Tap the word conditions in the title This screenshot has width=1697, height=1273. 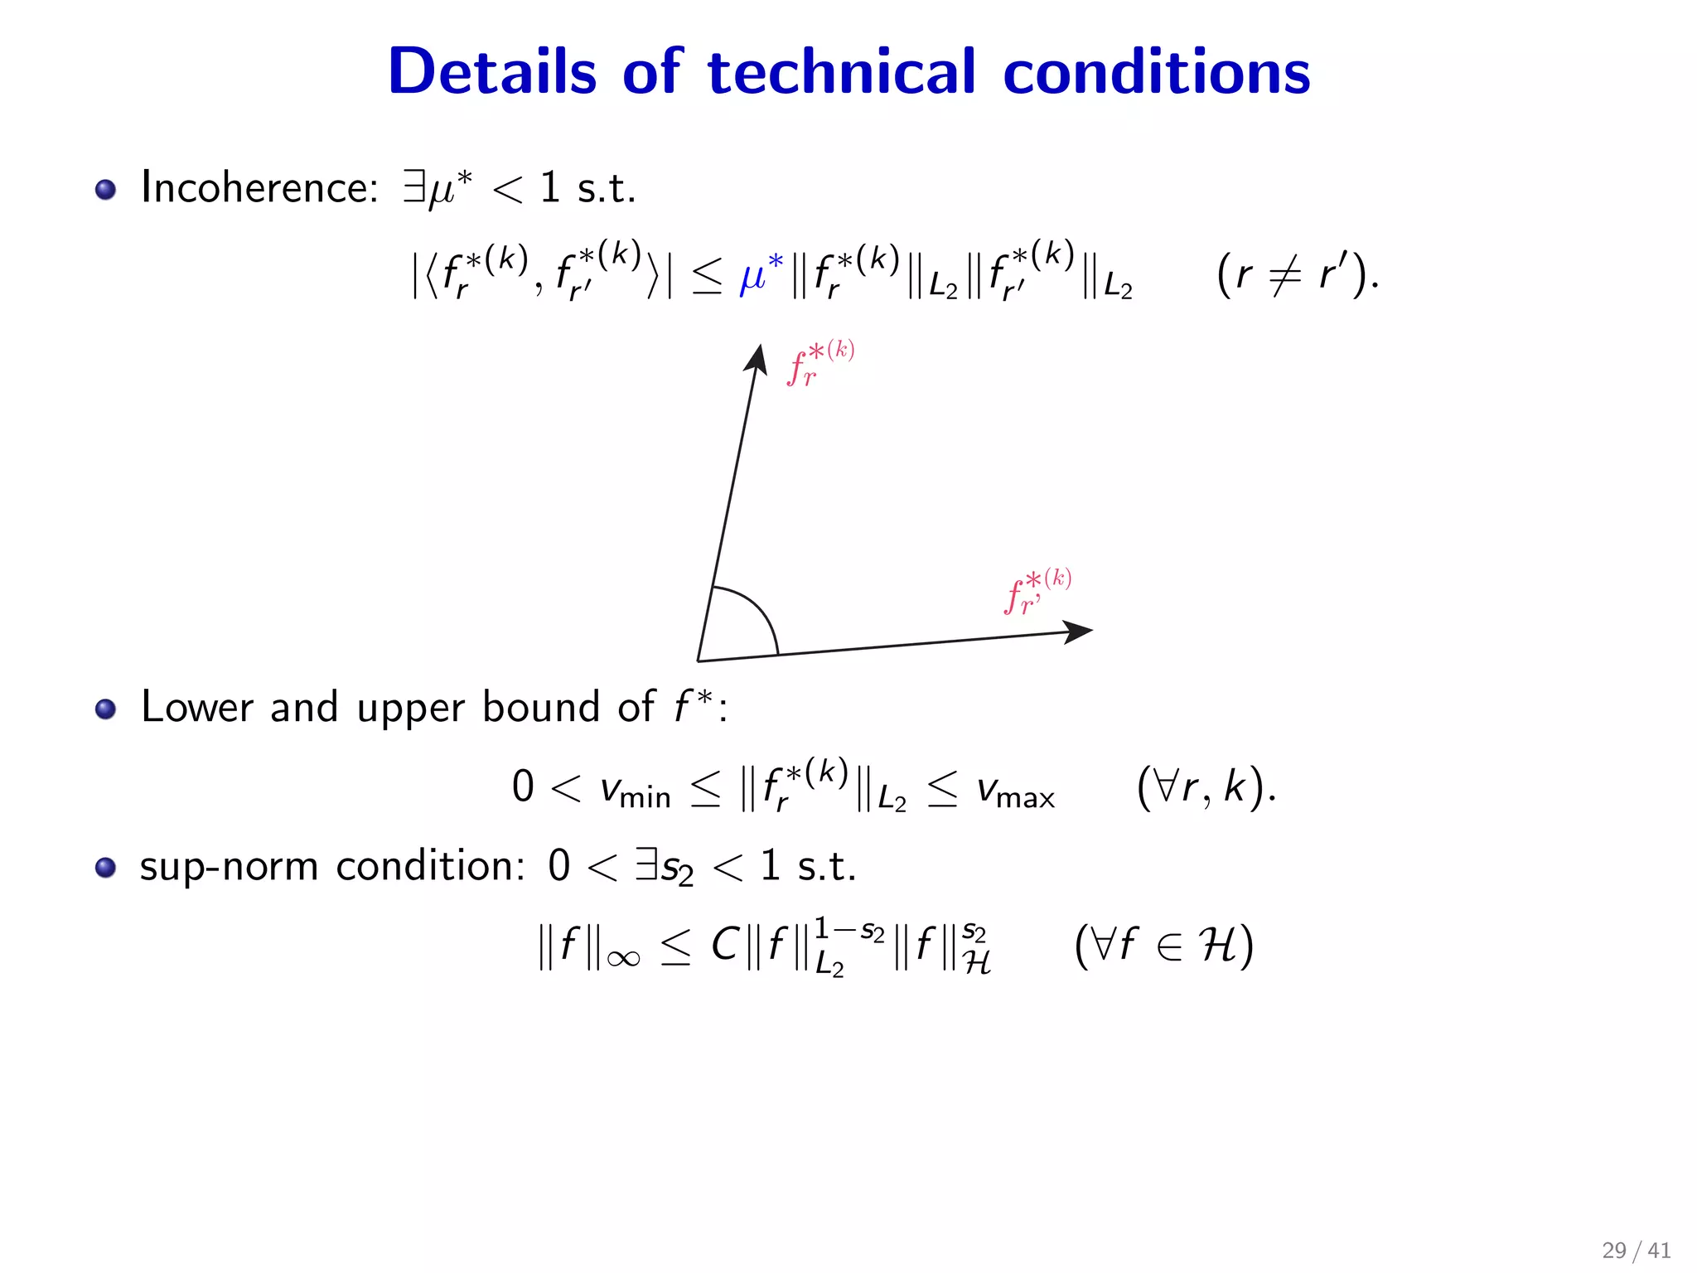click(1156, 72)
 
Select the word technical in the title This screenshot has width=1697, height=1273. click(841, 72)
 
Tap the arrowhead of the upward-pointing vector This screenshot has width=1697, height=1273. click(757, 359)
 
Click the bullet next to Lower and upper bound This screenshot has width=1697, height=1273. click(105, 709)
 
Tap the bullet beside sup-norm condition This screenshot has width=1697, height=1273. click(105, 868)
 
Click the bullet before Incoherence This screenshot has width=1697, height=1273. click(105, 190)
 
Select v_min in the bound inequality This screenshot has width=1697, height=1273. click(635, 790)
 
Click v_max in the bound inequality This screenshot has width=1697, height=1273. click(1015, 790)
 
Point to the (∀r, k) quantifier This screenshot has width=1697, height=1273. click(1206, 787)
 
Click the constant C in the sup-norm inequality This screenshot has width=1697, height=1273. click(724, 945)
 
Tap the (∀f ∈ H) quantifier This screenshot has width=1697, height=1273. click(1163, 945)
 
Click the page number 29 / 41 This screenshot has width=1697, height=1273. click(1636, 1250)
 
